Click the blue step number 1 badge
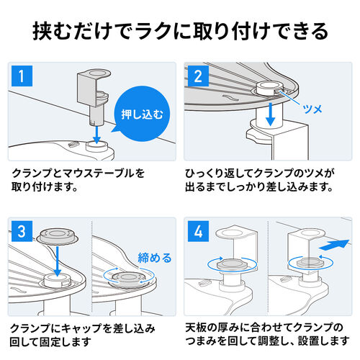(22, 76)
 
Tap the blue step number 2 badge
(198, 76)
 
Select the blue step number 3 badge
(22, 231)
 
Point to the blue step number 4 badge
(198, 231)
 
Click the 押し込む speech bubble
(141, 114)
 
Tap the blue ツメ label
(312, 109)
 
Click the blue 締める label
(155, 258)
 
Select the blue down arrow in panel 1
(96, 135)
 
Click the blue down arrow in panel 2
(271, 114)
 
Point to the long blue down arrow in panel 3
(58, 261)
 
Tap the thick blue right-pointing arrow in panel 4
(333, 245)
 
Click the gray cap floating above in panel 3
(58, 236)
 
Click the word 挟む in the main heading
(53, 31)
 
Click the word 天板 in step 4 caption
(196, 328)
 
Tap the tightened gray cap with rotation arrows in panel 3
(129, 279)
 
